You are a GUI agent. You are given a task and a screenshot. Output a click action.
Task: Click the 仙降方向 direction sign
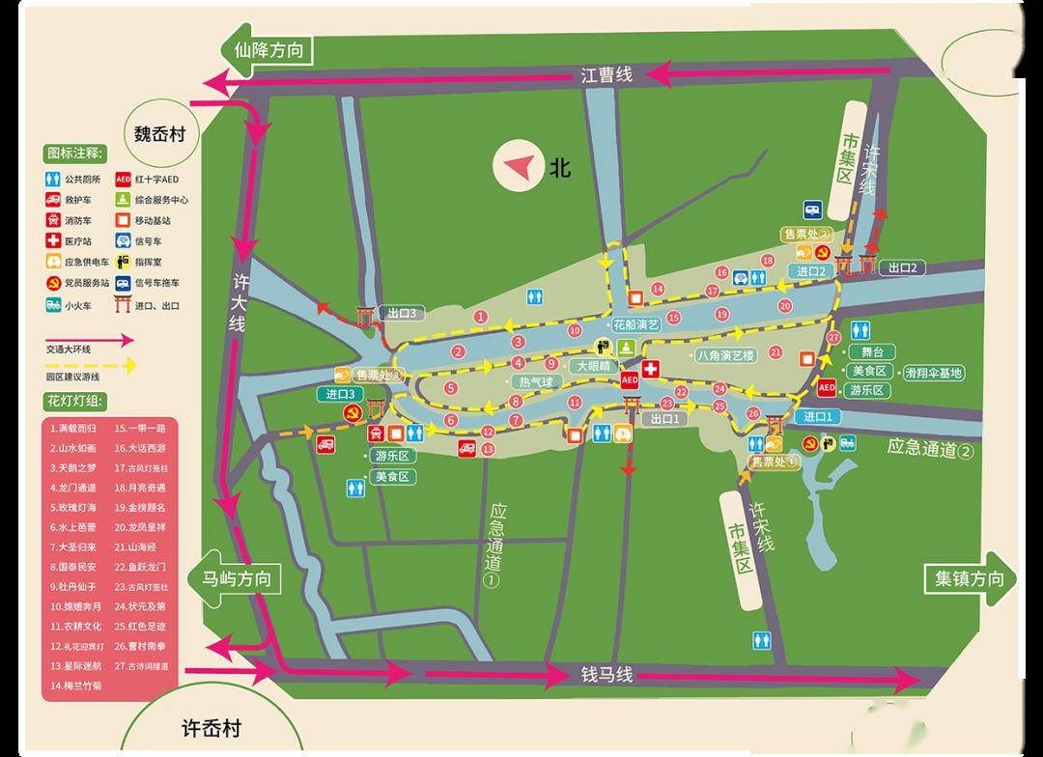(267, 51)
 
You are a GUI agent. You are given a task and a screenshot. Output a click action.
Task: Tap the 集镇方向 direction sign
(969, 579)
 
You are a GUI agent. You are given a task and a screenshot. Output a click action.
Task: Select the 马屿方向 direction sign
(236, 580)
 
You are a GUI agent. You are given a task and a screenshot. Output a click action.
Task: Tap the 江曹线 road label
(606, 74)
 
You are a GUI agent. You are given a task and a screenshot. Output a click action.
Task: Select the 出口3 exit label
(401, 313)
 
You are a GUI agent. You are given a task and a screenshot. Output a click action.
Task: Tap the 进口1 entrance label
(816, 416)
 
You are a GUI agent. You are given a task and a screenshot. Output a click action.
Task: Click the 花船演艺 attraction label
(636, 324)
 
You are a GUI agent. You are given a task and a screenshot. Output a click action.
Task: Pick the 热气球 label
(535, 382)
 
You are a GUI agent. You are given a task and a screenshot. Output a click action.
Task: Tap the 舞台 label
(870, 352)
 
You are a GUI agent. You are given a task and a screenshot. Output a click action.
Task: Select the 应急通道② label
(932, 448)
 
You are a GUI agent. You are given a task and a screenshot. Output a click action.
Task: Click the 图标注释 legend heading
(74, 153)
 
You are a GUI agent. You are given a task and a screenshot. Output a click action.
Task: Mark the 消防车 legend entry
(78, 220)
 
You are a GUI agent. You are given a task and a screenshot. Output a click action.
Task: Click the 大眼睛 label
(594, 366)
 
